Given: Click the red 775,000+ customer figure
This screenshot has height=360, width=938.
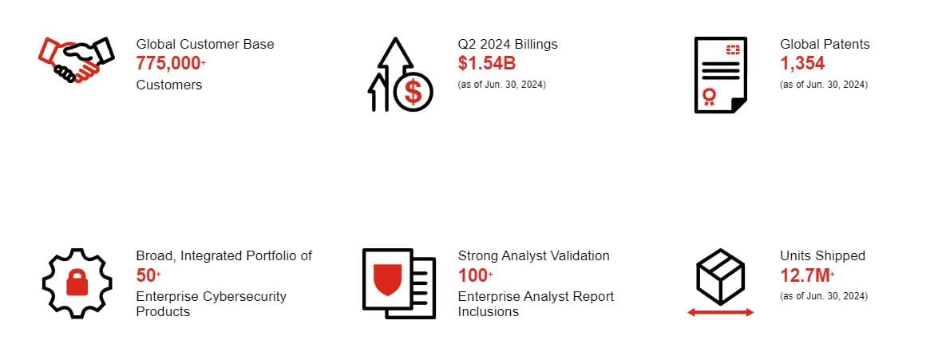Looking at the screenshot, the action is click(171, 63).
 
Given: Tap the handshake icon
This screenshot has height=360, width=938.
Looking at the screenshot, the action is click(75, 59).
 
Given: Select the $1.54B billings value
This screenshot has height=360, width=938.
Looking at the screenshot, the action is click(487, 63).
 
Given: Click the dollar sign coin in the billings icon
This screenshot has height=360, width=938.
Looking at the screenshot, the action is click(413, 92).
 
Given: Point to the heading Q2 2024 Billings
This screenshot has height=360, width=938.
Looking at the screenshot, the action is click(508, 44).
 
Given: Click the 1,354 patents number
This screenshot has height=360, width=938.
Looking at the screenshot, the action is click(802, 63).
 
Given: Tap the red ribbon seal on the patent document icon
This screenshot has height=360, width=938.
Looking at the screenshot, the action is click(710, 97).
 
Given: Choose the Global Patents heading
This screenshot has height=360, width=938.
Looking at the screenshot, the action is click(825, 44).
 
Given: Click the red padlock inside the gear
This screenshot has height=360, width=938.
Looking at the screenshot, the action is click(77, 282).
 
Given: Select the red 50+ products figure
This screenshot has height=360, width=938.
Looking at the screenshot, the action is click(148, 275).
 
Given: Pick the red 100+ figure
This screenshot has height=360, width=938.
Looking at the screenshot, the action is click(476, 275).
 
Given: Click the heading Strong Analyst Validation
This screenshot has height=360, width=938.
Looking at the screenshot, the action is click(533, 256).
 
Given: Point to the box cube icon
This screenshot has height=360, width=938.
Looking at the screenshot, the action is click(721, 276).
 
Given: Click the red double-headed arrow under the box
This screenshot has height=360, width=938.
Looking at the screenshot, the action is click(721, 312).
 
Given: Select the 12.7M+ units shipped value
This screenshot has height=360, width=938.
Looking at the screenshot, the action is click(808, 275).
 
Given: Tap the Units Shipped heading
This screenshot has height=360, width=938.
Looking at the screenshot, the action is click(822, 256).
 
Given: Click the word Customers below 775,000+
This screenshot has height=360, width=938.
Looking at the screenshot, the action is click(169, 85).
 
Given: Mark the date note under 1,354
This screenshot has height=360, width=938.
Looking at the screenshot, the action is click(824, 85).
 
